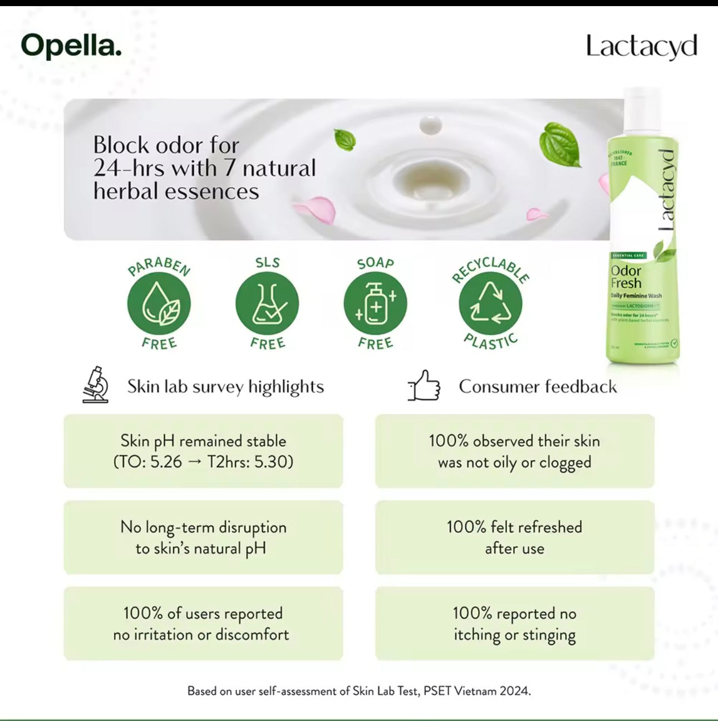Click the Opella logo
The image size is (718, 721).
[x=71, y=46]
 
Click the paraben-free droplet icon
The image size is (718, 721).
[x=159, y=304]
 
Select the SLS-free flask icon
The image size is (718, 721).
[x=267, y=304]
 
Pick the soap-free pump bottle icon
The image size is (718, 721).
[x=375, y=304]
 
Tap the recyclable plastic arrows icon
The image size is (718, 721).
[x=490, y=304]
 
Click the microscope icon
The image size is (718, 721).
[x=95, y=385]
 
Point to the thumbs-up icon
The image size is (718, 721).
[x=424, y=386]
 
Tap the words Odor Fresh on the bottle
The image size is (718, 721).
[x=626, y=277]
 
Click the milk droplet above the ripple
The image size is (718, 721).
[x=430, y=125]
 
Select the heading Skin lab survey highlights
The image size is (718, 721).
[x=225, y=386]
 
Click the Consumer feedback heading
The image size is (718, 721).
[x=538, y=386]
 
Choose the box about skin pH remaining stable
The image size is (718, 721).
[x=203, y=451]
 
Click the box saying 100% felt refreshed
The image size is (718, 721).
[x=514, y=537]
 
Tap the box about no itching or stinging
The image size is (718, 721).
[x=514, y=624]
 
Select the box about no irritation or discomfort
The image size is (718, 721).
[x=203, y=624]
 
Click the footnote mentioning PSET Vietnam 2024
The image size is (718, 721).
[x=359, y=691]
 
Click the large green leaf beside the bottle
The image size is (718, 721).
[x=560, y=143]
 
